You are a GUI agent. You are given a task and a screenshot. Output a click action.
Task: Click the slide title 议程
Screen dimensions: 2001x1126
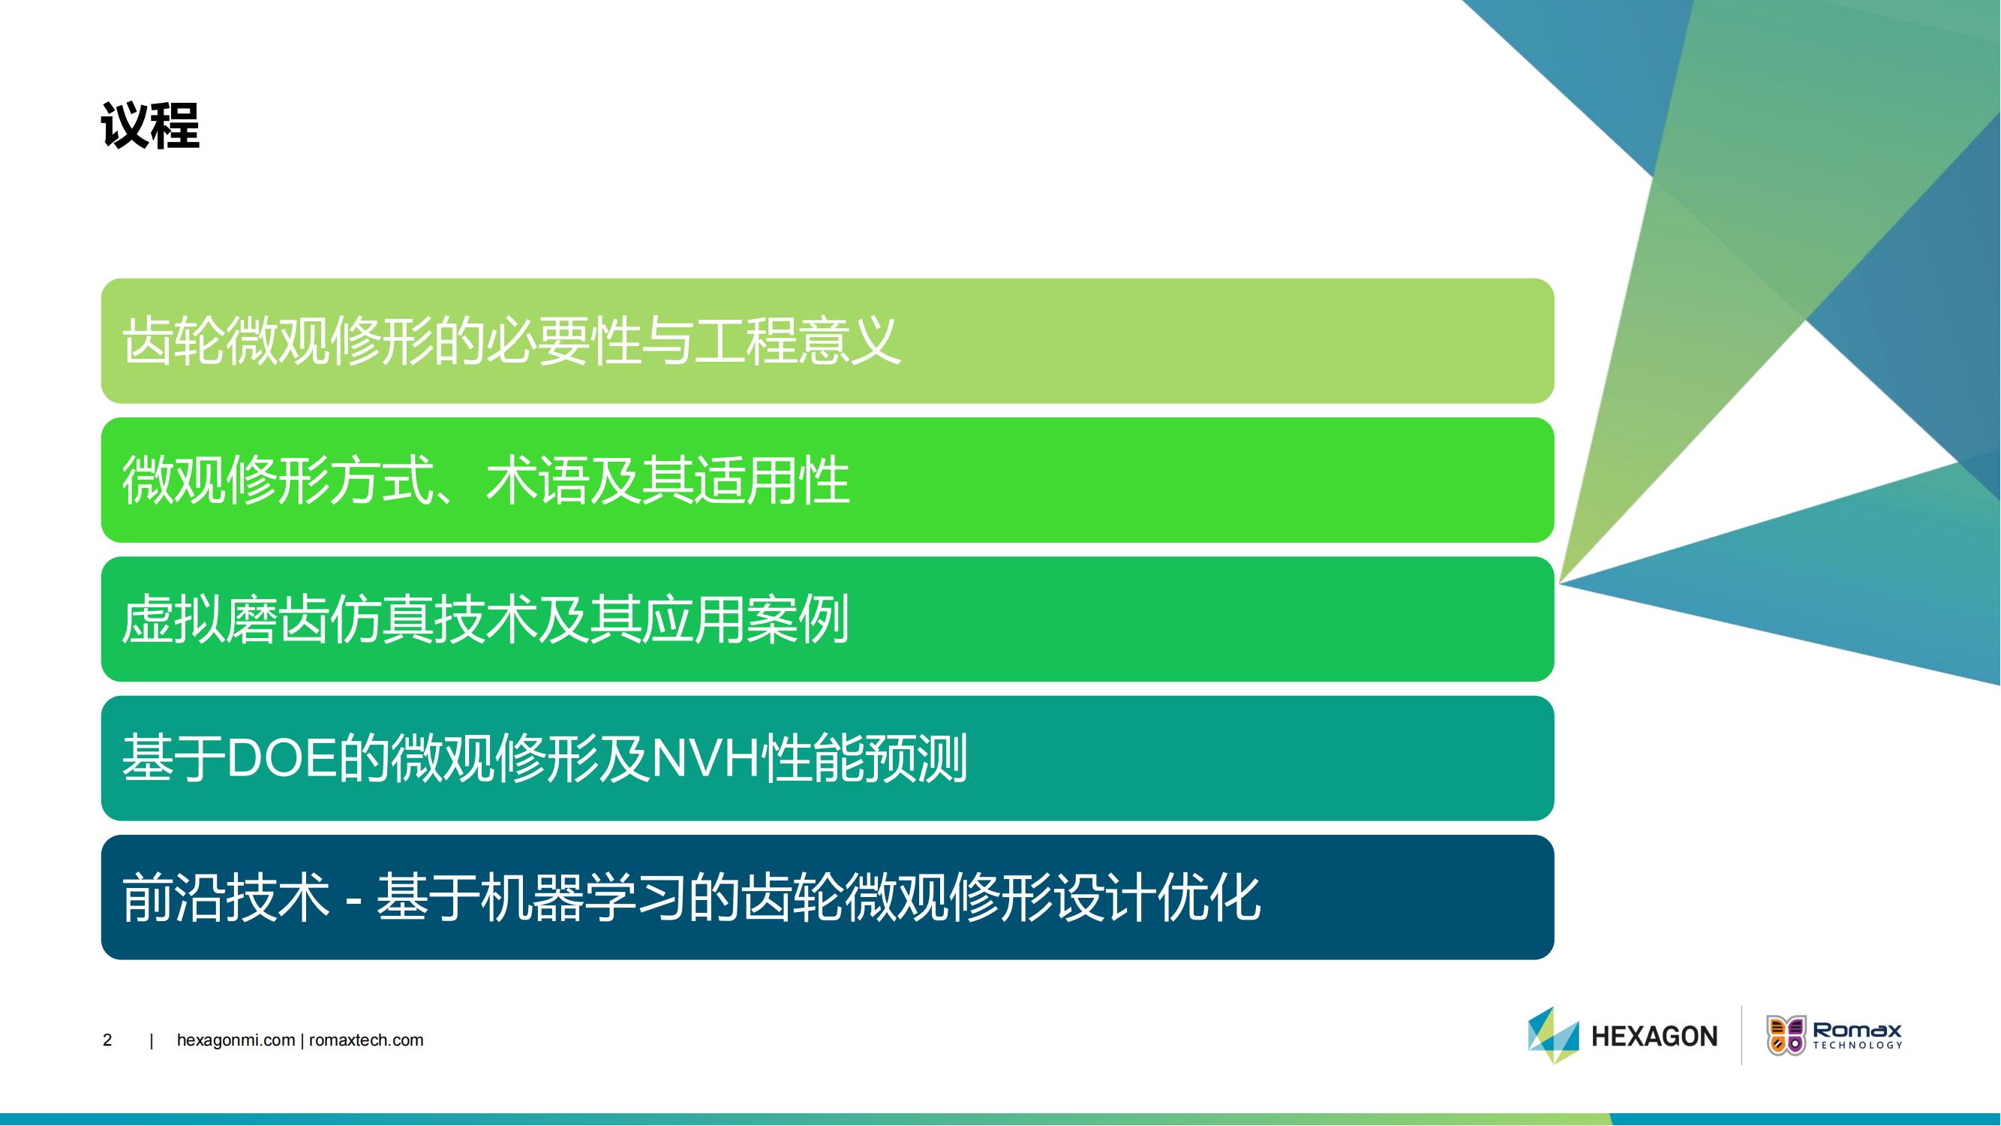[150, 125]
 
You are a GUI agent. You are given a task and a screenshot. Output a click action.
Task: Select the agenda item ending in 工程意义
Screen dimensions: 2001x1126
[511, 340]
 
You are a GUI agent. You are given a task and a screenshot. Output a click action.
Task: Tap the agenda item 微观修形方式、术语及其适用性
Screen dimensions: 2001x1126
[485, 480]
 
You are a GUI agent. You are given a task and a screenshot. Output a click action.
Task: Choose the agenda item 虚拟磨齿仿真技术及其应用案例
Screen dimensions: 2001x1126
[485, 619]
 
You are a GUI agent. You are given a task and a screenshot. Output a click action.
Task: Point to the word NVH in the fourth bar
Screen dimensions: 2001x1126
[705, 758]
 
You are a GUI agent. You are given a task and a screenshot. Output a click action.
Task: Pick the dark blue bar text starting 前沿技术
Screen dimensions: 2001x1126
[691, 898]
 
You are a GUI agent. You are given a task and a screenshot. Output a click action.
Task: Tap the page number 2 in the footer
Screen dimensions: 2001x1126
[107, 1040]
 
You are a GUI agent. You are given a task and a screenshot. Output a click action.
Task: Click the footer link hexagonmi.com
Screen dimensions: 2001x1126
[236, 1040]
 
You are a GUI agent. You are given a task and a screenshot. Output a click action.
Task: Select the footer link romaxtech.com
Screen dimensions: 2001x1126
[366, 1040]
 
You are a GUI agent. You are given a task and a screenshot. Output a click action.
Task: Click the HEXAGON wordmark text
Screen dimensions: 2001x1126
[1654, 1036]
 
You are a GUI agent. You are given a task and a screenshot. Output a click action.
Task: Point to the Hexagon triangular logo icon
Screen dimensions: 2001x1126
[1554, 1035]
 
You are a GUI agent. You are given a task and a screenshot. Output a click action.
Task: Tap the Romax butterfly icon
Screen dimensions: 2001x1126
[1786, 1035]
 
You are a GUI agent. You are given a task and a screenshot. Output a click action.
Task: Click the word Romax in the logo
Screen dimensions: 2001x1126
[1857, 1031]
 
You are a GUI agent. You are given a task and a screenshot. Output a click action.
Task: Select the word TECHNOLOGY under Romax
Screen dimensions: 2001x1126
[1857, 1045]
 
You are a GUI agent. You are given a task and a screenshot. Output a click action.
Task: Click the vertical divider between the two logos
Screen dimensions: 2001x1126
[1741, 1035]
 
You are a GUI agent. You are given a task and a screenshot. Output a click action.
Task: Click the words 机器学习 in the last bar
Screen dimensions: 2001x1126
[582, 898]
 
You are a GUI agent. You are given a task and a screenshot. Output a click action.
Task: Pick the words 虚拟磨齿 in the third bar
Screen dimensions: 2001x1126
[225, 619]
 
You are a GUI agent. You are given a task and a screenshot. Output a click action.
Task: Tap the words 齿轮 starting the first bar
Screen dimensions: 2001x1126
[173, 340]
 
